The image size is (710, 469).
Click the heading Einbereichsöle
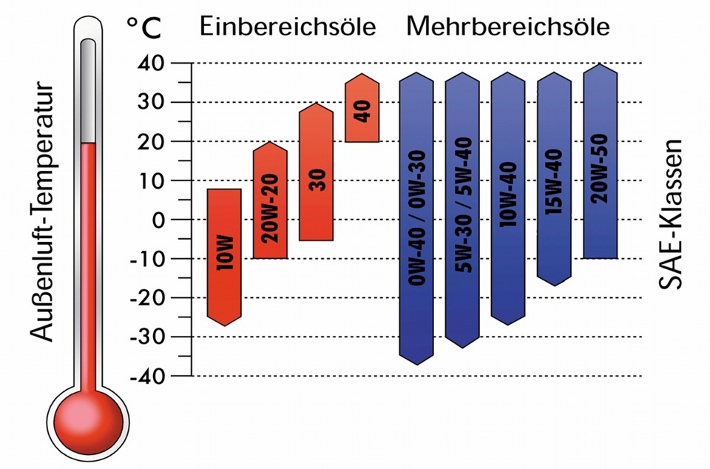[x=288, y=27]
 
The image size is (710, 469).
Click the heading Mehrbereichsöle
[x=507, y=27]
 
